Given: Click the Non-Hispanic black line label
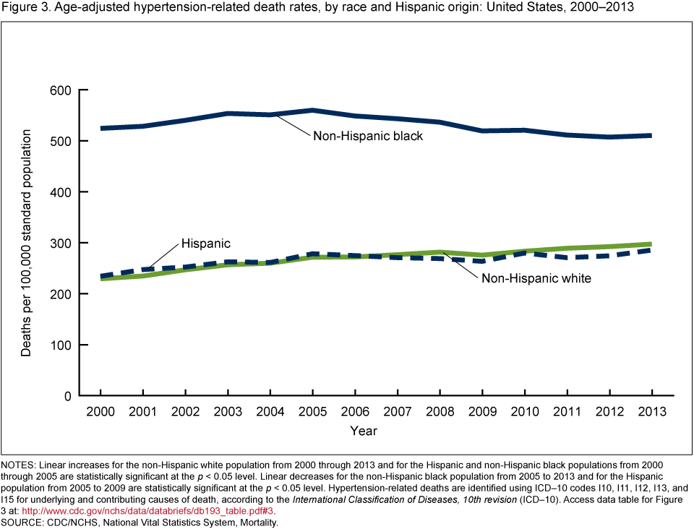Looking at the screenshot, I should pos(367,135).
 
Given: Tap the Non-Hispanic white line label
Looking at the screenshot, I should pos(536,278).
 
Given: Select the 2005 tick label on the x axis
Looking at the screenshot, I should pos(312,410).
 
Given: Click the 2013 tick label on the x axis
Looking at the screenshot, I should pos(652,410).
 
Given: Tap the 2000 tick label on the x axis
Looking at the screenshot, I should pos(101,410).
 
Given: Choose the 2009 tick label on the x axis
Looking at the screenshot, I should pos(482,410).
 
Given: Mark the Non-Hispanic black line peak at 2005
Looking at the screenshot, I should pos(312,110).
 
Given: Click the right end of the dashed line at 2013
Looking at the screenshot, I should pos(651,250).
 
